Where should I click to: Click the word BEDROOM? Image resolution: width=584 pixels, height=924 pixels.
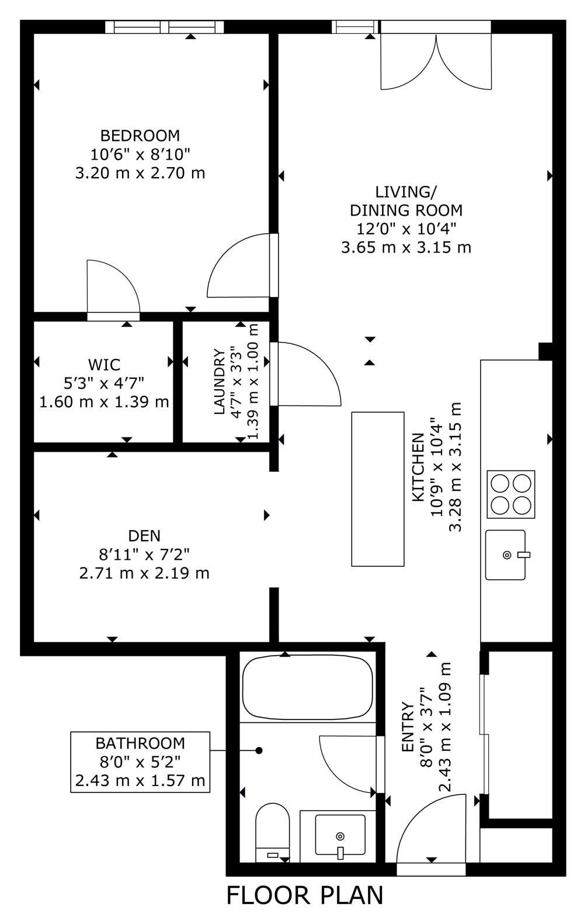pos(140,136)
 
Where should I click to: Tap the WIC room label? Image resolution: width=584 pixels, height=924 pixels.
pos(104,365)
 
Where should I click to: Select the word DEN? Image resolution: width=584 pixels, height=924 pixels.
pos(144,536)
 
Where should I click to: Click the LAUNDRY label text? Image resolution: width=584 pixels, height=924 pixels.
pos(220,382)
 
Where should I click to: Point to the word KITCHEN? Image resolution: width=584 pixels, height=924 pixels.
pos(418,467)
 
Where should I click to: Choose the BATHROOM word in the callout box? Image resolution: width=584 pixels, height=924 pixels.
pos(140,743)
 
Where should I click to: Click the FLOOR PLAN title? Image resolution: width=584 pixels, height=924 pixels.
pos(305,895)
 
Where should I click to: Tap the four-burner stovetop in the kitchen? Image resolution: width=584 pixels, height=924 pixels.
pos(510,494)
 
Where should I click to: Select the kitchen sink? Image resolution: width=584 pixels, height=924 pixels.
pos(506,555)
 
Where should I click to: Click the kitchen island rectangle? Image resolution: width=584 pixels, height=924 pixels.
pos(377,489)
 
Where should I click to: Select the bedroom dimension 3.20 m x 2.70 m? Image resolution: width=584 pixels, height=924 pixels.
pos(140,173)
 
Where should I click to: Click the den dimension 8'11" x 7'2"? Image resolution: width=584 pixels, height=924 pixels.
pos(144,555)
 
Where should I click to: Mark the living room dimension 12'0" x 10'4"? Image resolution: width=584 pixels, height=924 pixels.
pos(406,229)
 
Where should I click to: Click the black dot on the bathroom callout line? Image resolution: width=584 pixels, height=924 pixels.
pos(259,750)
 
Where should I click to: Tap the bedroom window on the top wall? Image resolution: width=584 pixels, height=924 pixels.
pos(165,27)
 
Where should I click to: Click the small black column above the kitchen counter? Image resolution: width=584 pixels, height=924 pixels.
pos(545,351)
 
